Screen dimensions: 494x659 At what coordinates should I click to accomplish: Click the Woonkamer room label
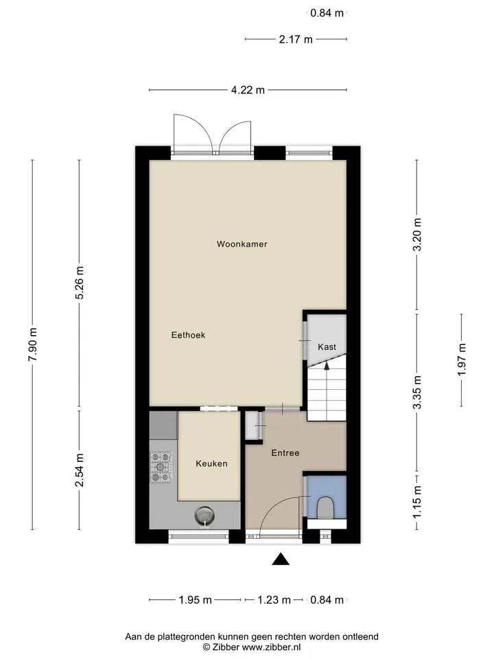pos(242,244)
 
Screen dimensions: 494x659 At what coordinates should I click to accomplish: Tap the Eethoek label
pos(188,335)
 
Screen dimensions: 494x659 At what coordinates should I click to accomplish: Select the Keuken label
pos(212,463)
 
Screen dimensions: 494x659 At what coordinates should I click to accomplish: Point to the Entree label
pos(285,452)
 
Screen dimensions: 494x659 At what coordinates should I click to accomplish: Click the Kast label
pos(327,347)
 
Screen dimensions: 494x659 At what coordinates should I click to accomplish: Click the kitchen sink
pos(204,516)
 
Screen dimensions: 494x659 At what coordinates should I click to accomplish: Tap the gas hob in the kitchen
pos(161,467)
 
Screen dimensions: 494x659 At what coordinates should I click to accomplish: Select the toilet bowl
pos(325,508)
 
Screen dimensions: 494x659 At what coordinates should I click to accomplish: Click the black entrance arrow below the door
pos(281,559)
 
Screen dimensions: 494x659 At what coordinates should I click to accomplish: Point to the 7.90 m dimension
pos(33,344)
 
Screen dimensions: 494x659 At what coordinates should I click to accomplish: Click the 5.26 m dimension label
pos(80,282)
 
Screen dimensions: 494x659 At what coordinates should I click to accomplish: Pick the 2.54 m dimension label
pos(80,470)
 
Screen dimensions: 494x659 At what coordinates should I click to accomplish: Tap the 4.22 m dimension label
pos(248,90)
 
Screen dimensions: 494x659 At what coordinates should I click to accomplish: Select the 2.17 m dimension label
pos(296,39)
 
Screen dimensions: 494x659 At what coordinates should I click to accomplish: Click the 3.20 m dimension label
pos(417,235)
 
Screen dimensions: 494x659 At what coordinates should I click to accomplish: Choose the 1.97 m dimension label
pos(462,360)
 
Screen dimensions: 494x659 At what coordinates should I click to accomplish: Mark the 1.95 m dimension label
pos(196,600)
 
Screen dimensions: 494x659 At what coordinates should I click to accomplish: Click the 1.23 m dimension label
pos(274,600)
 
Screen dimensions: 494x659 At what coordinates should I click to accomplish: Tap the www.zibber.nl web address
pos(271,647)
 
